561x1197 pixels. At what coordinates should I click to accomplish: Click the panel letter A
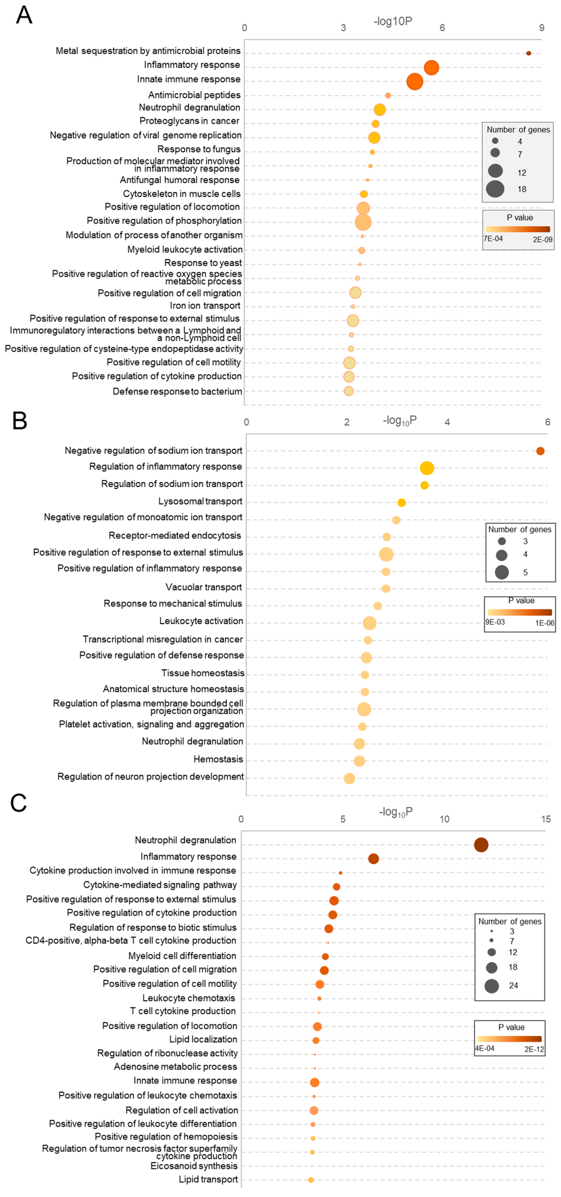24,15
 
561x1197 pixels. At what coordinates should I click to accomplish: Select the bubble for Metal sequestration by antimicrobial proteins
528,53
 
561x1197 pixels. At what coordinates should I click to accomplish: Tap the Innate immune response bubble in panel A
414,82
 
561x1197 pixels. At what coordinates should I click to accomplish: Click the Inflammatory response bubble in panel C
373,859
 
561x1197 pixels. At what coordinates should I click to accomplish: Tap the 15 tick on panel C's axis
546,819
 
